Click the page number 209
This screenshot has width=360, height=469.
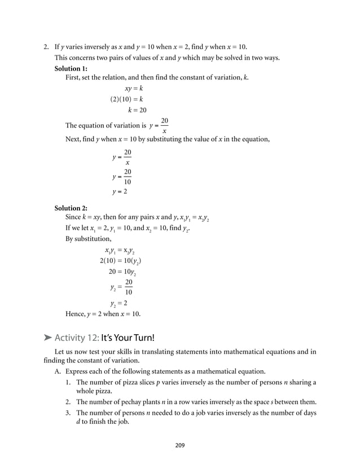(179, 445)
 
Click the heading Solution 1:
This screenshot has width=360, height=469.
(71, 68)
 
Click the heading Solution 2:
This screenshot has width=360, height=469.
(71, 208)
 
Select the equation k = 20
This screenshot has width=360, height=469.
(137, 110)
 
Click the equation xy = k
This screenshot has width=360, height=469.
(133, 89)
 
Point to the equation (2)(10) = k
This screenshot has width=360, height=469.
(126, 99)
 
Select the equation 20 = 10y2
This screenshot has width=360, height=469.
(122, 271)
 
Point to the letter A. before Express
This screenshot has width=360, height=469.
(58, 372)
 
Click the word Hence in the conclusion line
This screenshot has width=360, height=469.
(76, 314)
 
